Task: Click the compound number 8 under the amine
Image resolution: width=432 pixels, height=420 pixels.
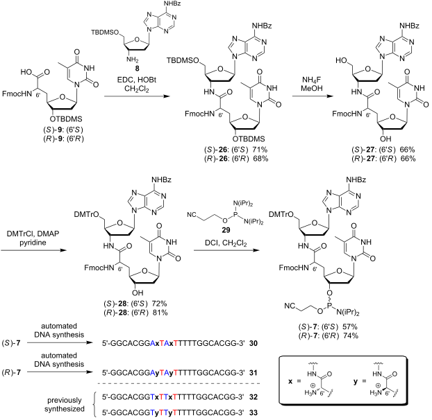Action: [x=137, y=69]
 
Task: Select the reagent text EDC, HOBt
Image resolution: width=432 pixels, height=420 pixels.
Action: [x=137, y=80]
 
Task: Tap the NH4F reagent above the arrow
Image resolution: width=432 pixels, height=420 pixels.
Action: [x=312, y=80]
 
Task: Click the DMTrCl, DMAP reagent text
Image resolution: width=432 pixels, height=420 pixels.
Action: [x=33, y=234]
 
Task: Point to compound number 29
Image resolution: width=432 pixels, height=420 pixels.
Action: [x=226, y=230]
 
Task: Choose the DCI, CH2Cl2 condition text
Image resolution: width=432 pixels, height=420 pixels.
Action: [x=226, y=243]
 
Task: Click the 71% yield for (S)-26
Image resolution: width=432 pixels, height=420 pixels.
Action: [x=260, y=150]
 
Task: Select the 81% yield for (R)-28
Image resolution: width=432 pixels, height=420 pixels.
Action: [x=160, y=313]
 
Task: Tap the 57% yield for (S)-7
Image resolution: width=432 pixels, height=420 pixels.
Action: [x=350, y=327]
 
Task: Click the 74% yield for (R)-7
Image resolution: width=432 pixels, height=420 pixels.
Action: [x=350, y=335]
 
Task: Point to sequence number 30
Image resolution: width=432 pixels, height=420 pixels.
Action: [x=254, y=343]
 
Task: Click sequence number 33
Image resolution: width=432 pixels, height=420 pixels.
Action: [x=254, y=412]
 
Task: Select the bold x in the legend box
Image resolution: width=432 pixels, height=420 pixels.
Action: [x=290, y=381]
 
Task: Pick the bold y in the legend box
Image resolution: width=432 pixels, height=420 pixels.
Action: [x=356, y=382]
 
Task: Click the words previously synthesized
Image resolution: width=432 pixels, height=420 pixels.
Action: [x=65, y=404]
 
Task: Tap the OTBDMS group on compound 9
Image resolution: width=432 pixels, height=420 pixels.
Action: [x=66, y=119]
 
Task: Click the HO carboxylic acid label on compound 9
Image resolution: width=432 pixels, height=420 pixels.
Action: [x=26, y=72]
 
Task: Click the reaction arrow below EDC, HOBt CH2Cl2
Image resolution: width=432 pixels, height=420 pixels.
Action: [x=137, y=96]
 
